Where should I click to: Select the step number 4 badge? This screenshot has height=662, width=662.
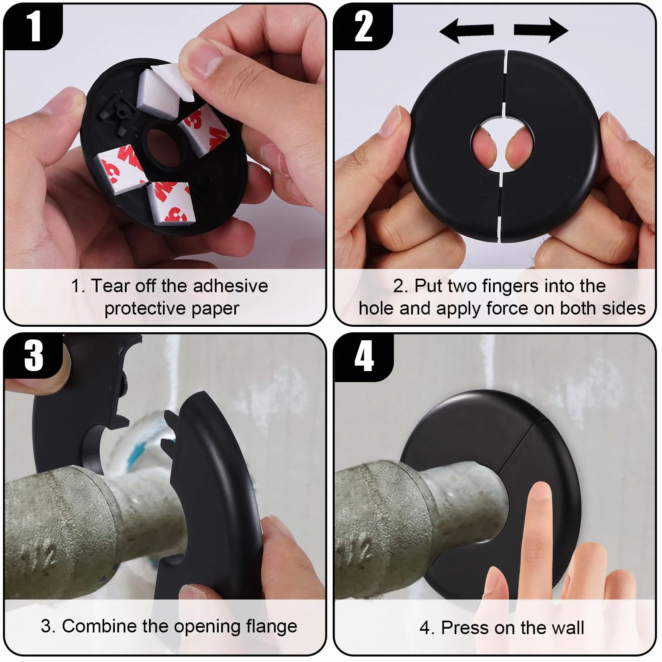[364, 357]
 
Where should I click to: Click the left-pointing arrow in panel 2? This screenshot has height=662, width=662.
[466, 30]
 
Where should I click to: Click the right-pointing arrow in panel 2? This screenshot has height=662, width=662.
[541, 30]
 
